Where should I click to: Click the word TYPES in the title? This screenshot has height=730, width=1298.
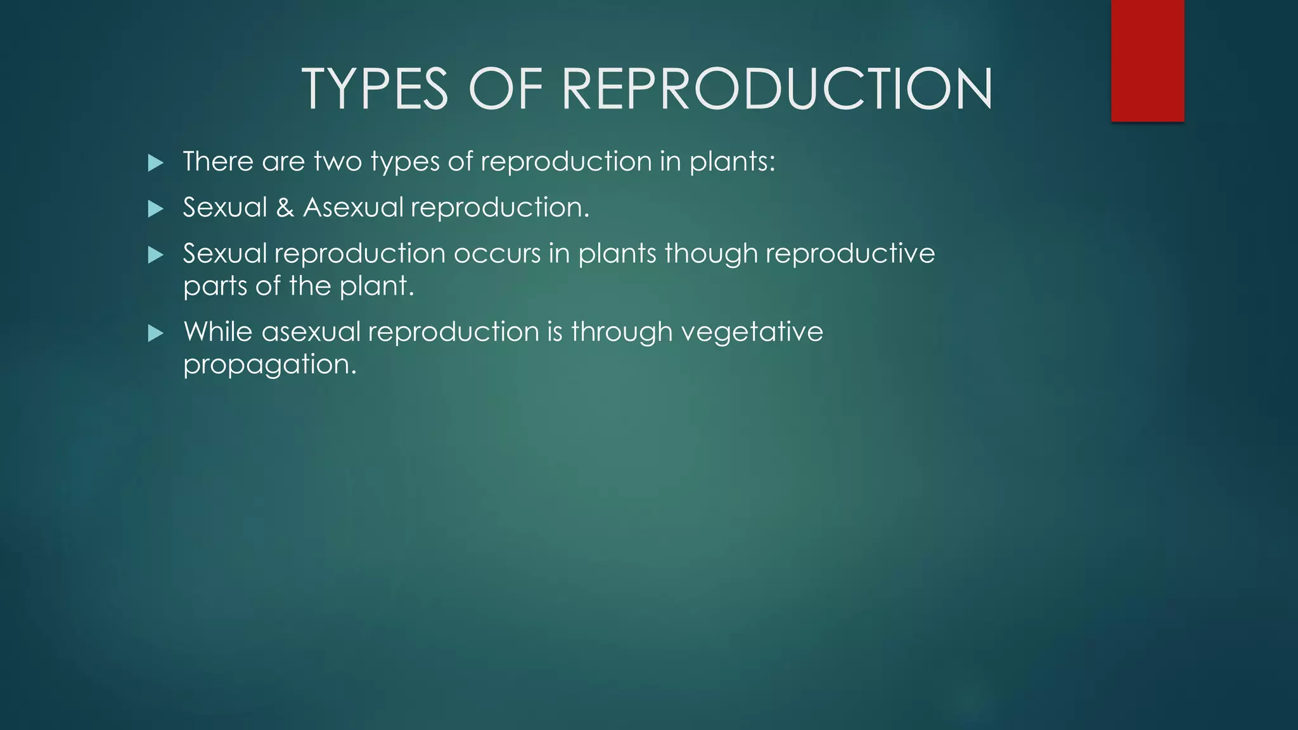point(375,89)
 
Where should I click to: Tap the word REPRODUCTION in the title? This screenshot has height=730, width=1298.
point(777,89)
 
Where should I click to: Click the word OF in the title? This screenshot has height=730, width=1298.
point(505,89)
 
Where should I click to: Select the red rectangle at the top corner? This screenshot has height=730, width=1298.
point(1147,60)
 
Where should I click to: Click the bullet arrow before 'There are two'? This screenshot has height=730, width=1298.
point(155,163)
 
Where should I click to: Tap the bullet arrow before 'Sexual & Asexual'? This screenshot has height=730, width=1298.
point(155,208)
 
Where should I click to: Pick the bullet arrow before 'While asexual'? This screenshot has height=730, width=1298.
point(155,333)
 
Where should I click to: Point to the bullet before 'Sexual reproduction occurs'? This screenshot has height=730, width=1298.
point(155,255)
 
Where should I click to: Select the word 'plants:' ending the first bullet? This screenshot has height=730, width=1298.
point(732,162)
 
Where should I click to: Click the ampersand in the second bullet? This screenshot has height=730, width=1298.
point(285,208)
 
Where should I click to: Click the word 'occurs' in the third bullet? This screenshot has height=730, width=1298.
point(497,254)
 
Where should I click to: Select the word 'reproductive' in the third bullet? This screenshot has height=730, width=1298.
point(850,254)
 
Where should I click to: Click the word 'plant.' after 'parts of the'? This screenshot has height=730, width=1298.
point(376,286)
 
